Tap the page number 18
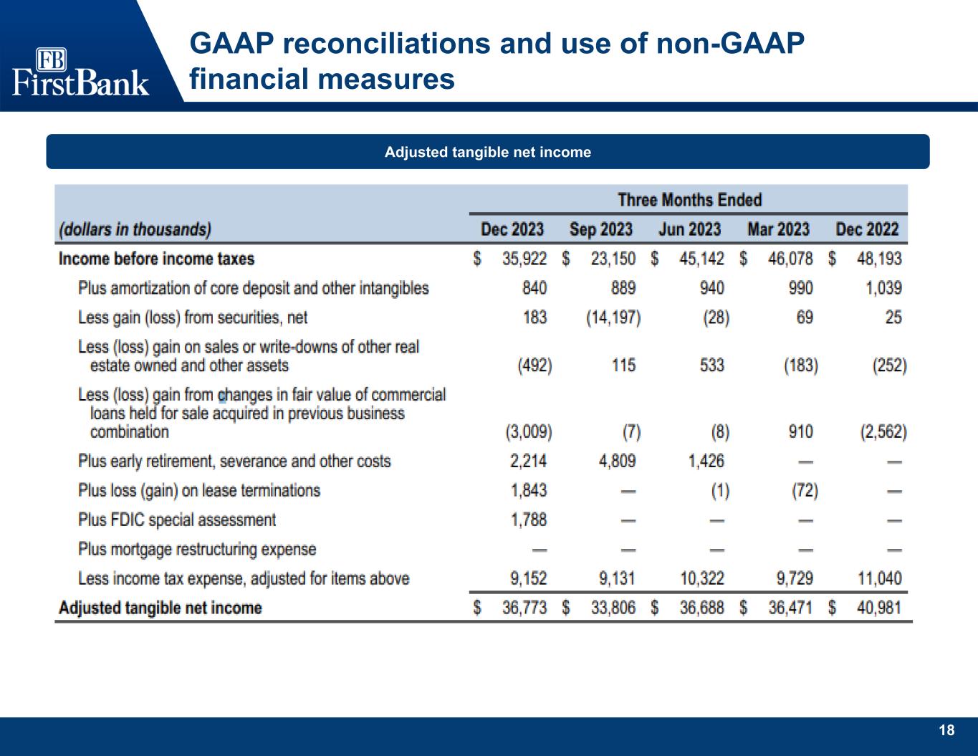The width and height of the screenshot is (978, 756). pos(946,730)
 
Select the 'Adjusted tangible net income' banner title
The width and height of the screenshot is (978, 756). pos(488,152)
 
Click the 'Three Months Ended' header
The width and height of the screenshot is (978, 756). pos(689,200)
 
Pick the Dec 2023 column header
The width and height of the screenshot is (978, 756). pos(512,229)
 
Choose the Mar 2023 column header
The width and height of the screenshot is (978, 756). pos(778,229)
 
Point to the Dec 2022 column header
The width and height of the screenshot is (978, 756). pos(867,229)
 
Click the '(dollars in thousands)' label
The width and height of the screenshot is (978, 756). pos(135,230)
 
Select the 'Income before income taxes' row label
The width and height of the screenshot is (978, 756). pos(156,259)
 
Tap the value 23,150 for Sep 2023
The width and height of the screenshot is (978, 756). pos(613,259)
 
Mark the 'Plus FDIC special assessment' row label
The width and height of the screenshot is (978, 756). pos(177,520)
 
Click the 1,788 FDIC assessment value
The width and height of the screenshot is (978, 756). pos(529,520)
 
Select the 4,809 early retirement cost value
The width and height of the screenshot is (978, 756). pos(617,461)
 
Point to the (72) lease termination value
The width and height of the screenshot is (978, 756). pos(805,490)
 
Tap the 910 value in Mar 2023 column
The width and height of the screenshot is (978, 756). pos(800,432)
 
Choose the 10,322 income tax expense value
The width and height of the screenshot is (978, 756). pos(701,578)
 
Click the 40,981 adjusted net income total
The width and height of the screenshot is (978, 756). pos(879,608)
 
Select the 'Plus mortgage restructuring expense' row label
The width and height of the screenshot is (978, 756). pos(197,549)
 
